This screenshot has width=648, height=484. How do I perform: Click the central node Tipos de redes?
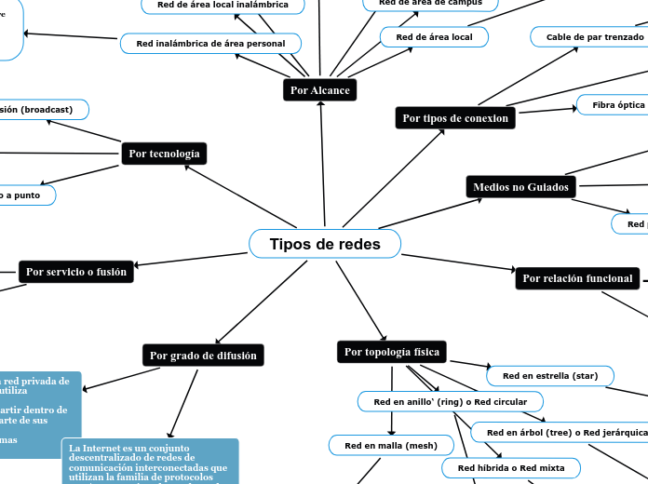click(325, 244)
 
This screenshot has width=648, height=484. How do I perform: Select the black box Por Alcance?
click(319, 90)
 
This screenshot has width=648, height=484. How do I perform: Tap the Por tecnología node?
click(164, 154)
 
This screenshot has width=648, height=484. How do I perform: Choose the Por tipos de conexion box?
click(455, 118)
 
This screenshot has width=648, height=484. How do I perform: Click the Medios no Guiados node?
click(520, 187)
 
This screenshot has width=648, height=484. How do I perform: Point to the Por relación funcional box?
click(577, 278)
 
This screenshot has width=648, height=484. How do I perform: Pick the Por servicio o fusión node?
click(76, 272)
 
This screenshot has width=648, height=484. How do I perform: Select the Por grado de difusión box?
click(204, 356)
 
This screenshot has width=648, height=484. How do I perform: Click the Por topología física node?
click(392, 352)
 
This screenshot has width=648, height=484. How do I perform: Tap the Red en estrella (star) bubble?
click(549, 376)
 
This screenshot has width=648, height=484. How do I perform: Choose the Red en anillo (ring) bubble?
click(450, 402)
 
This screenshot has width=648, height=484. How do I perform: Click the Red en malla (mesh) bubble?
click(391, 446)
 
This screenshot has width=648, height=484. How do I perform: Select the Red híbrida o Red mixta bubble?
click(510, 467)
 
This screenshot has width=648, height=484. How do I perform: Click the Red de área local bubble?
click(434, 37)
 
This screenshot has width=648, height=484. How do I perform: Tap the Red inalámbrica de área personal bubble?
click(210, 44)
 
